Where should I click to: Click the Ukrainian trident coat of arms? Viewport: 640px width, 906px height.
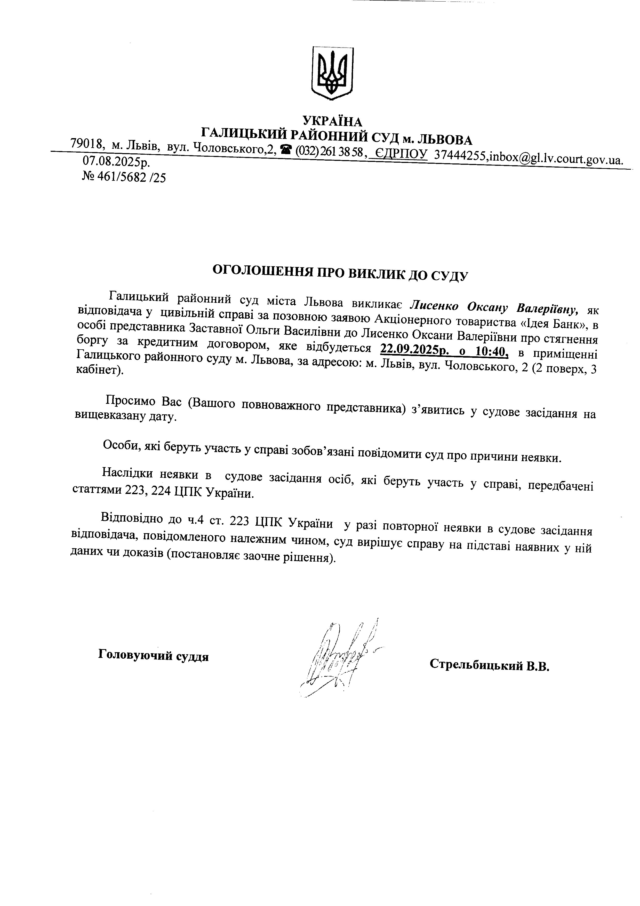point(332,73)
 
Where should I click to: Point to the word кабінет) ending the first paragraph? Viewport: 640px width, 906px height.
point(99,371)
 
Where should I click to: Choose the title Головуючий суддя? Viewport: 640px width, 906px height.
point(153,656)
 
